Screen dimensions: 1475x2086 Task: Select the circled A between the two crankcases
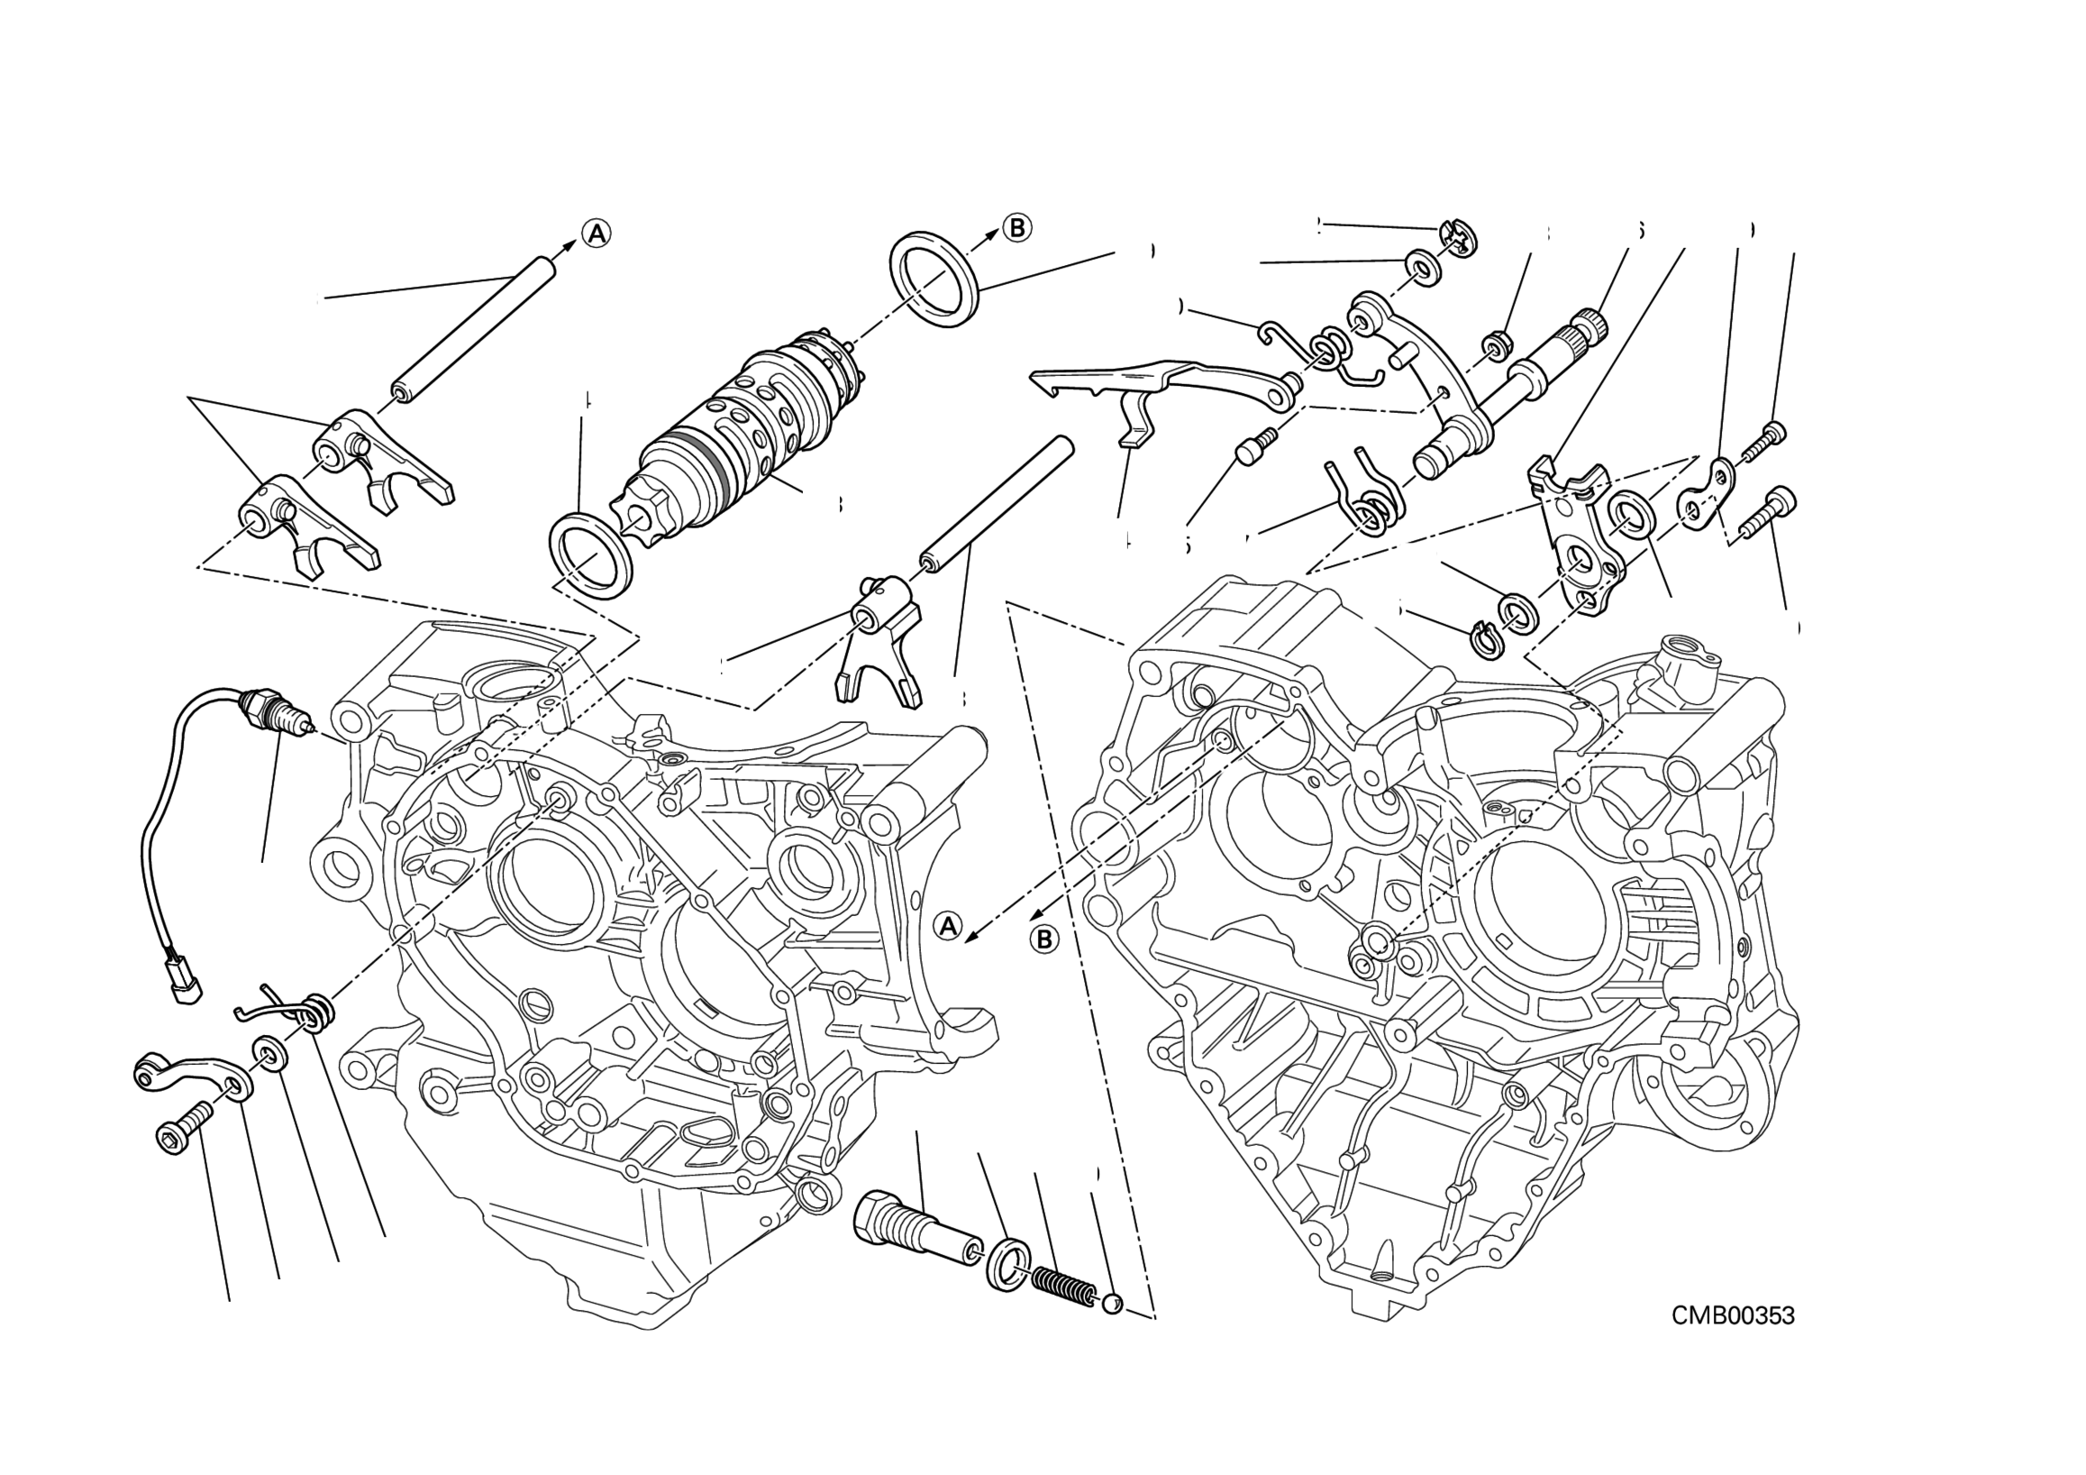point(949,926)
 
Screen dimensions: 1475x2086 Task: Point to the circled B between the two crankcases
point(1045,939)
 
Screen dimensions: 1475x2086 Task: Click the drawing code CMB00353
point(1733,1315)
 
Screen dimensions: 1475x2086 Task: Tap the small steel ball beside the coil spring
point(1111,1306)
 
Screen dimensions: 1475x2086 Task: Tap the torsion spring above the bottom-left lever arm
point(300,1010)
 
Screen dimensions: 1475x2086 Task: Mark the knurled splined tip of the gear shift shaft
point(1591,324)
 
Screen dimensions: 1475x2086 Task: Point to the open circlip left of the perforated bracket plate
point(1488,638)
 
